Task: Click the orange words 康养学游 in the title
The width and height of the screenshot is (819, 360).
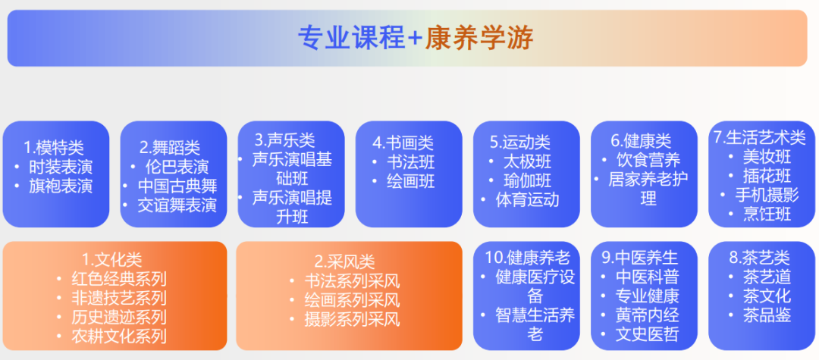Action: (479, 38)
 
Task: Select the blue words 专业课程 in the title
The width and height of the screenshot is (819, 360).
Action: (352, 38)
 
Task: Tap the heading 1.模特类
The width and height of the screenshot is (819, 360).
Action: (54, 149)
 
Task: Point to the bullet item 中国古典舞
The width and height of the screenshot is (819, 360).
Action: (177, 186)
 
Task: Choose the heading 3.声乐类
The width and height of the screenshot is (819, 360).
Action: (285, 139)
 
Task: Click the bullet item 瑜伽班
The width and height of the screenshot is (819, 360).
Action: (528, 181)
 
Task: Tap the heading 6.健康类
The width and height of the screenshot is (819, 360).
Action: (641, 140)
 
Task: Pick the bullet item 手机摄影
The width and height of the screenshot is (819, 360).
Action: (767, 195)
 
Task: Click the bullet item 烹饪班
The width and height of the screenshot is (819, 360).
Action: (767, 214)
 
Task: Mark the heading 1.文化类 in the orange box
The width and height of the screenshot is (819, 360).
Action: (111, 259)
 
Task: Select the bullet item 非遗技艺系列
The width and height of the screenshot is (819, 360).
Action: (119, 298)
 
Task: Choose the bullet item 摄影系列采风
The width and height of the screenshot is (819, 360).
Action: (353, 319)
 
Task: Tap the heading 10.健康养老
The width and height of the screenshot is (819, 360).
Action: (528, 257)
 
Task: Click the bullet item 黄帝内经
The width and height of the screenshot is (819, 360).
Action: (648, 315)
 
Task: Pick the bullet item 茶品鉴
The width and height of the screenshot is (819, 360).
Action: (767, 315)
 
